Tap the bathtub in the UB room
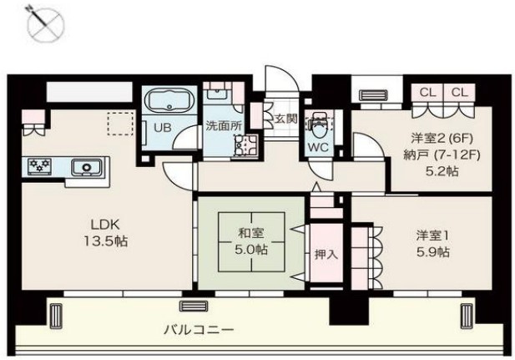click(x=170, y=104)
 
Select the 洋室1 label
click(x=432, y=234)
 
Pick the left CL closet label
click(x=427, y=92)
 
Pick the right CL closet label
click(x=459, y=92)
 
